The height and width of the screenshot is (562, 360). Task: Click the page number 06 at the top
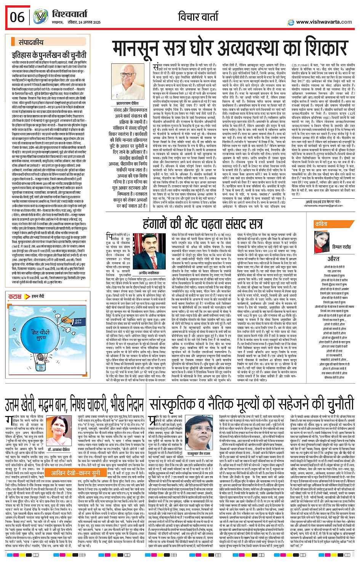point(17,17)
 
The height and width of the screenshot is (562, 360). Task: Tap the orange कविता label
point(321,224)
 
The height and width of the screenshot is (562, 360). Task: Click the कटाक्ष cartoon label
point(15,296)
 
